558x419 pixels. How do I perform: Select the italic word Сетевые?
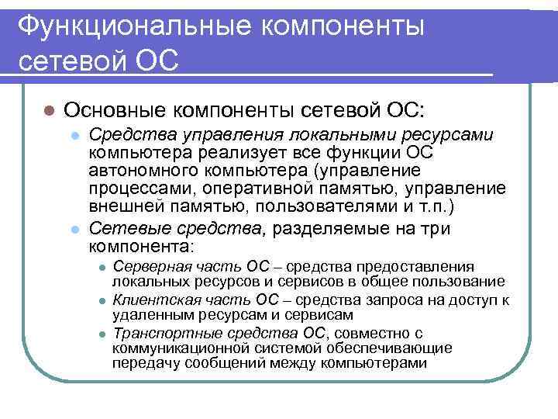123,228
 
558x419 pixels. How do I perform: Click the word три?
436,228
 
